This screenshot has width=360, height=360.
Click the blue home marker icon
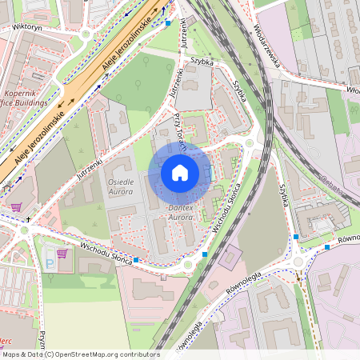click(x=180, y=173)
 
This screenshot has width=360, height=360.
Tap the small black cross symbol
click(x=28, y=218)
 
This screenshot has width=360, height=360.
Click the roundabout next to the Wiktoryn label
click(x=86, y=34)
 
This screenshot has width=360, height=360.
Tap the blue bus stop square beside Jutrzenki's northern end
click(x=168, y=23)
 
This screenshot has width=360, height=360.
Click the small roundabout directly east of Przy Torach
click(x=250, y=144)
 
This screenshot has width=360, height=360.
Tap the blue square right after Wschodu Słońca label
click(x=138, y=260)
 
